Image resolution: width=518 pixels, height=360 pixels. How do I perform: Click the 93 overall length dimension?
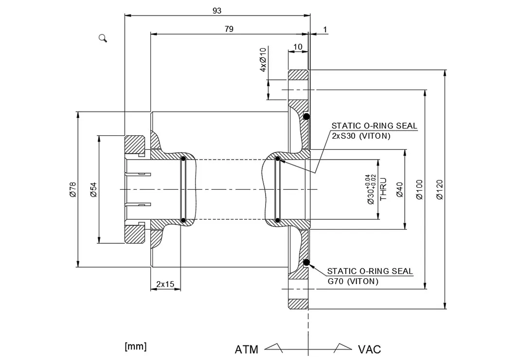(x=217, y=11)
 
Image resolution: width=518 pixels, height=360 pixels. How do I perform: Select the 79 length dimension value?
(x=229, y=29)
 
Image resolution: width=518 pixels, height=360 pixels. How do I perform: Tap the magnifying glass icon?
(x=103, y=38)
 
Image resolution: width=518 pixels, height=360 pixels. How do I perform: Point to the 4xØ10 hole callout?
(x=263, y=60)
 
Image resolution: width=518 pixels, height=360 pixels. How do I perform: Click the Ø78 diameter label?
(x=73, y=190)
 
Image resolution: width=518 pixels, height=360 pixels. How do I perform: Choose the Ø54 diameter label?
(x=93, y=190)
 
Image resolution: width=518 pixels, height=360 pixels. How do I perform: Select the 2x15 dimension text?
(x=165, y=284)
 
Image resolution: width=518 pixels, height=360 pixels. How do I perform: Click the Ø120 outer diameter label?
(x=439, y=190)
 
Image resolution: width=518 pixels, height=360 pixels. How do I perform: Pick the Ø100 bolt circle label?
(x=419, y=190)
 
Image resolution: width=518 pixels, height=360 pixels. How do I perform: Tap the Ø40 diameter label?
(x=399, y=190)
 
